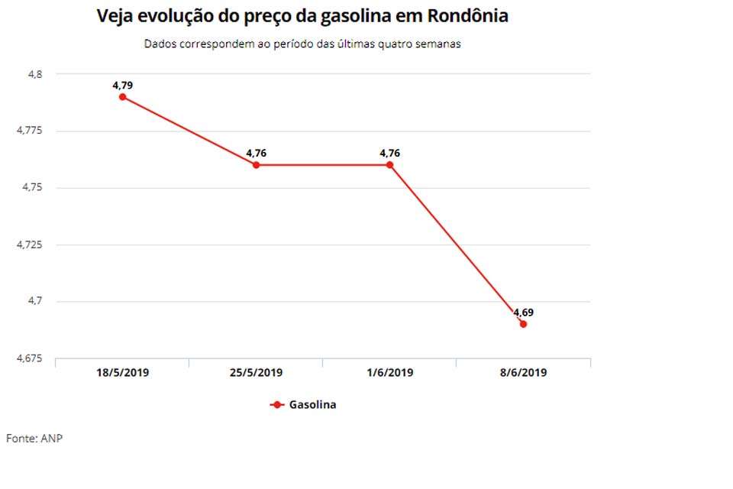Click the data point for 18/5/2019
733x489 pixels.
[x=122, y=97]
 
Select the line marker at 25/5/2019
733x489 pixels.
[x=256, y=165]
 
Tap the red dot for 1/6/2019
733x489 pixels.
[x=389, y=165]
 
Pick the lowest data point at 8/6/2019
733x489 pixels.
[x=523, y=324]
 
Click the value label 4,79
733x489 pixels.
[x=122, y=86]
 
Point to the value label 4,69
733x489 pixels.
[x=523, y=313]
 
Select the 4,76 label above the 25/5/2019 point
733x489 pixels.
[x=256, y=154]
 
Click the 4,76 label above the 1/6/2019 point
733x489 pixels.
[x=389, y=154]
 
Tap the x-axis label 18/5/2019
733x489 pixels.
[x=122, y=373]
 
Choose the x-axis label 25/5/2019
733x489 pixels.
[x=256, y=373]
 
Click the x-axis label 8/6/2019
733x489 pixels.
[x=523, y=373]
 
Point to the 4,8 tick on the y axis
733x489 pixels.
[x=36, y=74]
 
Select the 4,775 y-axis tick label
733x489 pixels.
[x=31, y=131]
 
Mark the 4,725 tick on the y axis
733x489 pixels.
[x=31, y=244]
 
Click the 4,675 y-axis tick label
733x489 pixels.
[x=31, y=358]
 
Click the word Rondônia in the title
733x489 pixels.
[x=465, y=16]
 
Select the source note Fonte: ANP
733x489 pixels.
[x=34, y=439]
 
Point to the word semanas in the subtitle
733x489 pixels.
[x=438, y=44]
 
